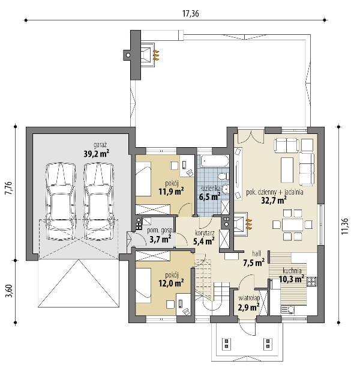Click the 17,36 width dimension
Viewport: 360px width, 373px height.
(x=190, y=14)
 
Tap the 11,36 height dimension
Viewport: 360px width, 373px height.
(x=345, y=226)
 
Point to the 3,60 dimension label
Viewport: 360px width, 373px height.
(x=10, y=291)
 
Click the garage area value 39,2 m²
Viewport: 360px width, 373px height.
(x=96, y=154)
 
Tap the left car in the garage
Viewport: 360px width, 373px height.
(x=61, y=201)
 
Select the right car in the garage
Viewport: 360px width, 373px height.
(x=98, y=201)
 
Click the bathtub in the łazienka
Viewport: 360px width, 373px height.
(x=215, y=162)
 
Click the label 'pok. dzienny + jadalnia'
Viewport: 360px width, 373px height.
(x=274, y=192)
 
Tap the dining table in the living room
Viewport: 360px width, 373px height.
(x=292, y=225)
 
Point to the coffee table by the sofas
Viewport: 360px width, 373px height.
(x=287, y=170)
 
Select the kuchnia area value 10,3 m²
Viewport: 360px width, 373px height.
(x=292, y=279)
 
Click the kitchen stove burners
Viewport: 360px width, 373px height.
(x=311, y=282)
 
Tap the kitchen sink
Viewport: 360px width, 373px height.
(x=288, y=310)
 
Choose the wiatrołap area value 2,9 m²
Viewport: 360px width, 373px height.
(x=248, y=308)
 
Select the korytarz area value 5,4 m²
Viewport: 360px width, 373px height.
(x=204, y=241)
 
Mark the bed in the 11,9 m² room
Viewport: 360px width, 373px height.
(x=143, y=179)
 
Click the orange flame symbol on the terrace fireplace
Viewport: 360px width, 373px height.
(x=156, y=55)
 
